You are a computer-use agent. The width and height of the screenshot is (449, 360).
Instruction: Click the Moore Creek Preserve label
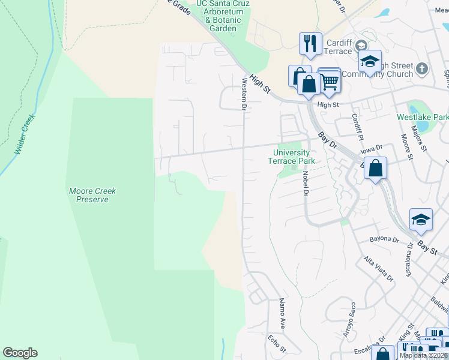coord(92,195)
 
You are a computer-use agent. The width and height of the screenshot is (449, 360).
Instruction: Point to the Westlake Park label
coord(423,118)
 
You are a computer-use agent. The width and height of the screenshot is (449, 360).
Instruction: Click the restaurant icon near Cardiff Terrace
coord(310,44)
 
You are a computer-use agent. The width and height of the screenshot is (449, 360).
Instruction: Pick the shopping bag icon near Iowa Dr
coord(375,169)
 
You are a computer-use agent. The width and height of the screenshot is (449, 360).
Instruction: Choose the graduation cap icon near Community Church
coord(370,62)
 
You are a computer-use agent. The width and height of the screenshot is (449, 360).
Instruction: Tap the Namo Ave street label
coord(281,309)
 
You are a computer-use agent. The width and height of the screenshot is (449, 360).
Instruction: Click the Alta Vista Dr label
coord(378,269)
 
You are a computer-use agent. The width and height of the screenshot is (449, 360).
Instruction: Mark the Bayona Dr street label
coord(385,239)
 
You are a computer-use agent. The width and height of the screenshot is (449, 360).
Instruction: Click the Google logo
coord(20,353)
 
